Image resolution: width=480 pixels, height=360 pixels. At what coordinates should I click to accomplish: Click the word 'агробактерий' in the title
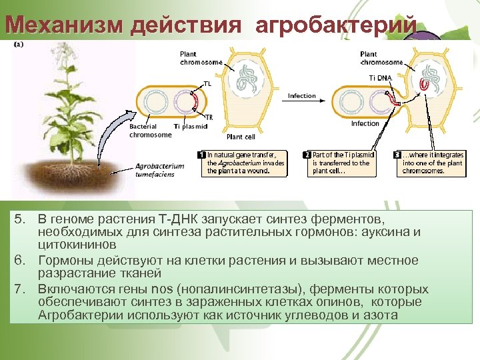(x=337, y=25)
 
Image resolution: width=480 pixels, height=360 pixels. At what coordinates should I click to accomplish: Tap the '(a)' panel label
(x=19, y=43)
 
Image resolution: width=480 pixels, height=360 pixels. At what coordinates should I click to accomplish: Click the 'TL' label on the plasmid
(x=207, y=85)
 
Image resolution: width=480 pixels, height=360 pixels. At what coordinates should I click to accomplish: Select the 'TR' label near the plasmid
(x=209, y=117)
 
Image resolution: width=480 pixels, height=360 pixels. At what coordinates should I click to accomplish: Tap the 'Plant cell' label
(x=241, y=137)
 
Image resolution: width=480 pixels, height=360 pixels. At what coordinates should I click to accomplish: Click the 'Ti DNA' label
(x=379, y=78)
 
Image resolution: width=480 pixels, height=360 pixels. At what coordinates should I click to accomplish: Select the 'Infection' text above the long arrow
(x=301, y=96)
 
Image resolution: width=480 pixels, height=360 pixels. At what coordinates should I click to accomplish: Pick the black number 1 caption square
(x=203, y=154)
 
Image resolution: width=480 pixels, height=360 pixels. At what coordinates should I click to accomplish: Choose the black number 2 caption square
(x=307, y=154)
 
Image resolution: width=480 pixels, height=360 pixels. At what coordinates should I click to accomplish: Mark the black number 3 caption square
(x=398, y=154)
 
